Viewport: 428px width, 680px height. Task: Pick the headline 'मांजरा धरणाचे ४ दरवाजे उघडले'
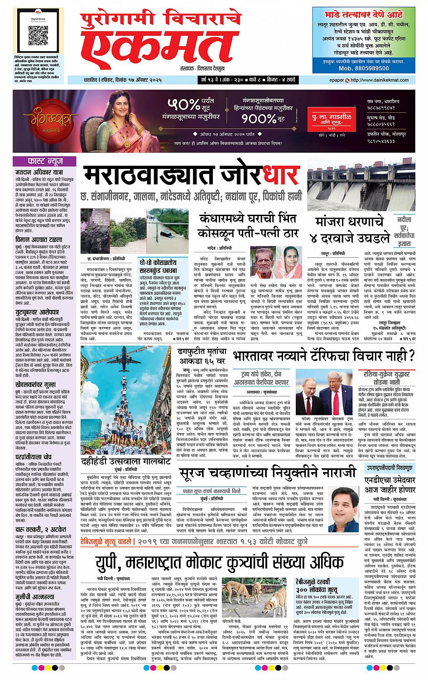click(353, 230)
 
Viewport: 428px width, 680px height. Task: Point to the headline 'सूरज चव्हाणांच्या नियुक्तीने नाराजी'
click(268, 473)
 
